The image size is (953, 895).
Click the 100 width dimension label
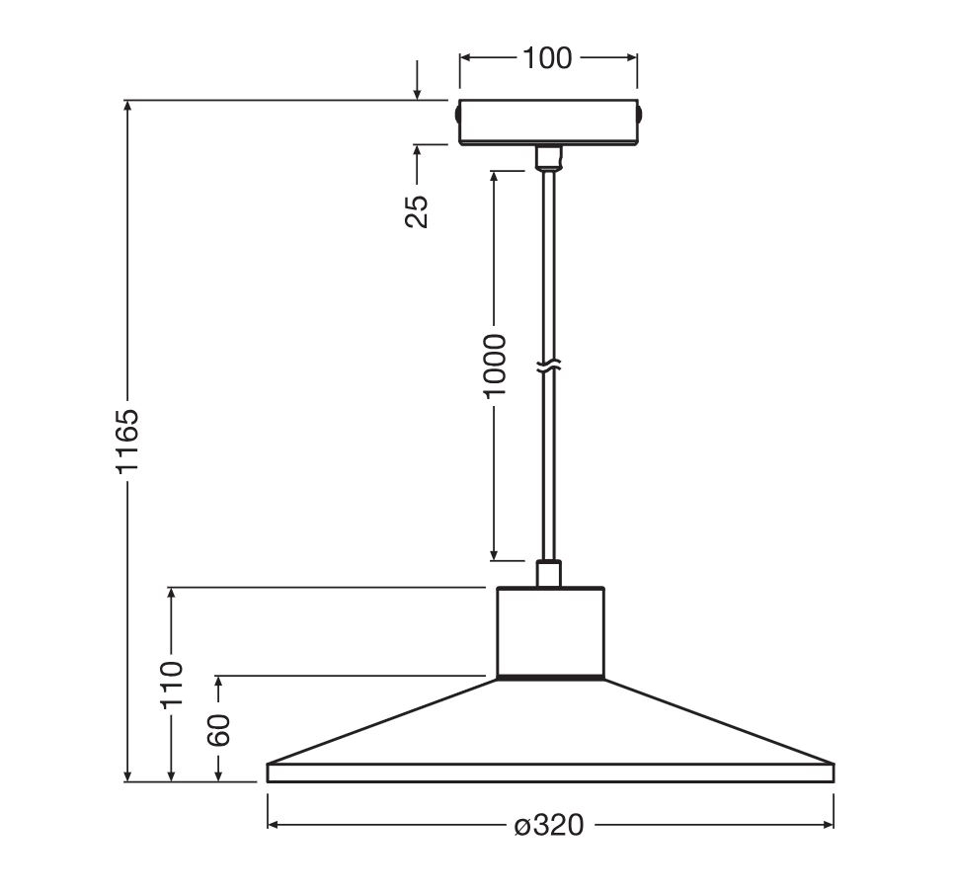[547, 57]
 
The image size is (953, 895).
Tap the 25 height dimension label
[417, 211]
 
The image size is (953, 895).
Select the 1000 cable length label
[494, 366]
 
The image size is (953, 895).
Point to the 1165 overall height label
[127, 441]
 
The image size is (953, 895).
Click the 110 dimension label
[172, 684]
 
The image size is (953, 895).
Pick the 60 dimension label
[219, 730]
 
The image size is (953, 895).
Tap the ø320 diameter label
[549, 825]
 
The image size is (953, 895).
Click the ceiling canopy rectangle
[548, 122]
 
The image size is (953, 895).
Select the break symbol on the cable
[548, 366]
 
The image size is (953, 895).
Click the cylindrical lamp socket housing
[551, 631]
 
